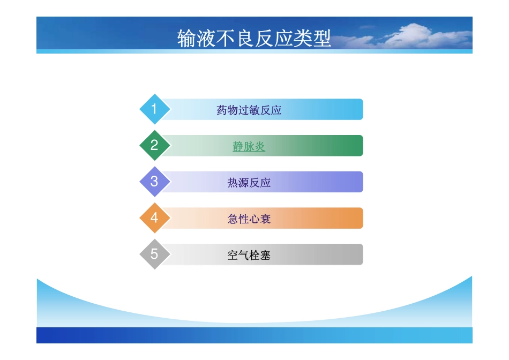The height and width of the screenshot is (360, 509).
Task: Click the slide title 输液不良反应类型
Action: [x=254, y=39]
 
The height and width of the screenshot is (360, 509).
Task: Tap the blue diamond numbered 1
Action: [x=154, y=109]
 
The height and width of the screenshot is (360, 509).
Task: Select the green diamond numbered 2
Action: [x=154, y=145]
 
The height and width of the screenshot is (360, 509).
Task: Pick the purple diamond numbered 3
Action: [x=154, y=182]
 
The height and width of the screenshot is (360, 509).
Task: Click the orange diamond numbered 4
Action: [x=154, y=218]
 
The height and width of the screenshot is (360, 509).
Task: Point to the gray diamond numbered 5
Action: [x=154, y=254]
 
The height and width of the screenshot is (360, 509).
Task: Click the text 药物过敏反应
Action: [x=249, y=110]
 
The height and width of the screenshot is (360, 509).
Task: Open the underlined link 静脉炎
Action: [x=249, y=146]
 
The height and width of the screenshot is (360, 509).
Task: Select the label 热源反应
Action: [x=249, y=183]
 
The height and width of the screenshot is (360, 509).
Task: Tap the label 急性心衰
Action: [x=249, y=219]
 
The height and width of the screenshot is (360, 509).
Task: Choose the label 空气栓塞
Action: [x=249, y=256]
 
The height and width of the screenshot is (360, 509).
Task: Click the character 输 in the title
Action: [x=186, y=39]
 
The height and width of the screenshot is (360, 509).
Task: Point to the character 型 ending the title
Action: [x=322, y=39]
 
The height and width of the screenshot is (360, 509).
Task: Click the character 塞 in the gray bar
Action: [x=265, y=256]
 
